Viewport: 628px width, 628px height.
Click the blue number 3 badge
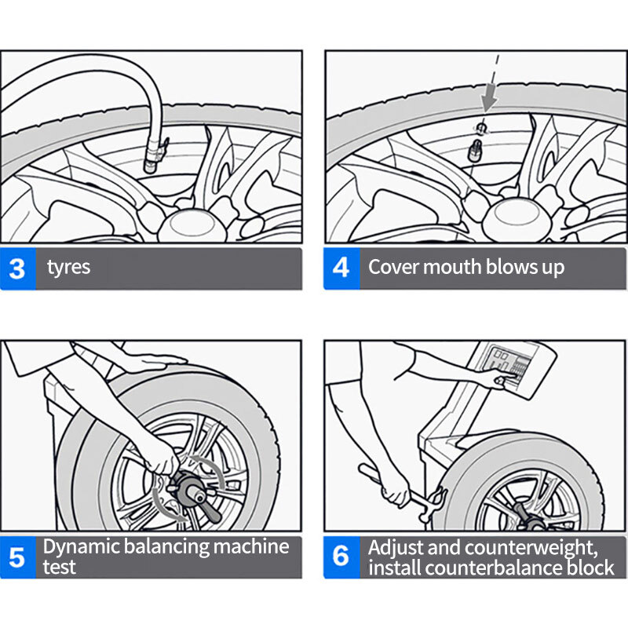pyautogui.click(x=17, y=268)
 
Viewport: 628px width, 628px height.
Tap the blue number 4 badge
pyautogui.click(x=341, y=268)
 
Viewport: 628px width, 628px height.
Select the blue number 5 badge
pyautogui.click(x=17, y=557)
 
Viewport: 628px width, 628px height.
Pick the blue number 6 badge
pyautogui.click(x=341, y=557)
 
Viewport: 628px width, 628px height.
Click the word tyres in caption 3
pyautogui.click(x=68, y=268)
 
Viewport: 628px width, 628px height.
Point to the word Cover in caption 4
pyautogui.click(x=393, y=267)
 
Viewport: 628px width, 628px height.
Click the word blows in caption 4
pyautogui.click(x=501, y=267)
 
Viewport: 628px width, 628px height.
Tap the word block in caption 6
pyautogui.click(x=589, y=567)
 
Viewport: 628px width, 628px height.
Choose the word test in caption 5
pyautogui.click(x=59, y=567)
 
